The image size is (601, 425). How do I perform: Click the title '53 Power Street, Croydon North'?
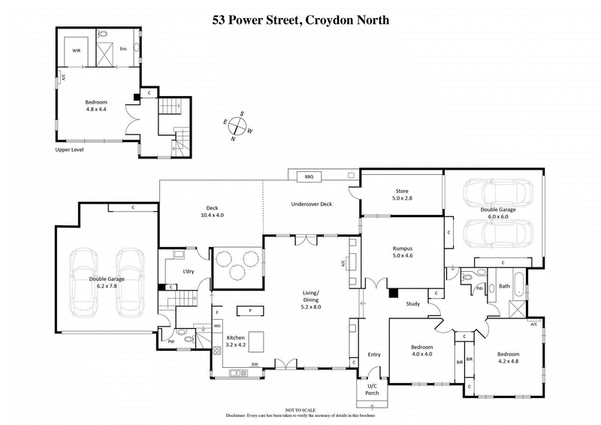pyautogui.click(x=300, y=20)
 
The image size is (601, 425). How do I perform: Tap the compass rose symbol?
pyautogui.click(x=240, y=127)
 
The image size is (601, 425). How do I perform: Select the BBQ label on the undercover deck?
pyautogui.click(x=308, y=176)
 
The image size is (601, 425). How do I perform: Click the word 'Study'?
pyautogui.click(x=412, y=304)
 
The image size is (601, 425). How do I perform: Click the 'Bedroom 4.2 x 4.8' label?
pyautogui.click(x=508, y=357)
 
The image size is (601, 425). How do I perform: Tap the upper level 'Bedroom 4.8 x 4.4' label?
pyautogui.click(x=96, y=107)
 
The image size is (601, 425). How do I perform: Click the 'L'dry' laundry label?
pyautogui.click(x=189, y=270)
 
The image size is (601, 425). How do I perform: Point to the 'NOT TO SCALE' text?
pyautogui.click(x=300, y=410)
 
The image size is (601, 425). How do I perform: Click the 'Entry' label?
pyautogui.click(x=374, y=354)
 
